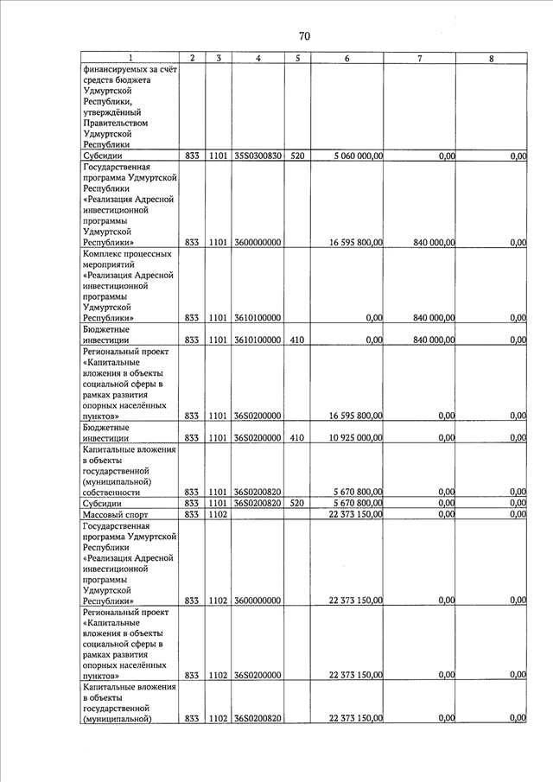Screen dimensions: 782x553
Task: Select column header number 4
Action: click(259, 58)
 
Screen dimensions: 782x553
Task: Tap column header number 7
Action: click(420, 58)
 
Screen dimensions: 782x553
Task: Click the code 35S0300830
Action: click(258, 156)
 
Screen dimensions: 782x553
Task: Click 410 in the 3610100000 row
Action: click(296, 340)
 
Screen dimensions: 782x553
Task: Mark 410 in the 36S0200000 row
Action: click(296, 438)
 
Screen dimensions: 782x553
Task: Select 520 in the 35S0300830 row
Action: click(296, 156)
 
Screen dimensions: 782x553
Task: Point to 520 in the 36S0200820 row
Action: click(296, 503)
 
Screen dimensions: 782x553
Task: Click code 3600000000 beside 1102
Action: click(258, 601)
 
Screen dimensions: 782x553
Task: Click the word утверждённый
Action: click(111, 112)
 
